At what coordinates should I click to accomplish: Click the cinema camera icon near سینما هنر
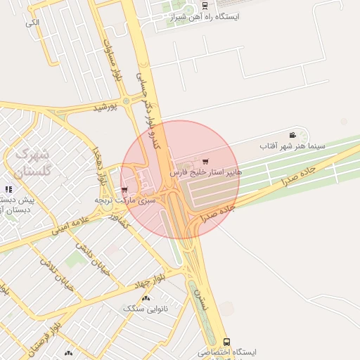click(x=292, y=135)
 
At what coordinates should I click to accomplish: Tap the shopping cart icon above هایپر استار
click(x=205, y=162)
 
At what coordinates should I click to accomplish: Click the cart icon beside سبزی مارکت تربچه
click(x=124, y=190)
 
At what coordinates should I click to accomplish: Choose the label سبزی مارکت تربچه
click(x=125, y=200)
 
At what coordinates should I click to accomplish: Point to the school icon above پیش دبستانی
click(x=8, y=189)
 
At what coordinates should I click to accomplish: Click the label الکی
click(x=32, y=22)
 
